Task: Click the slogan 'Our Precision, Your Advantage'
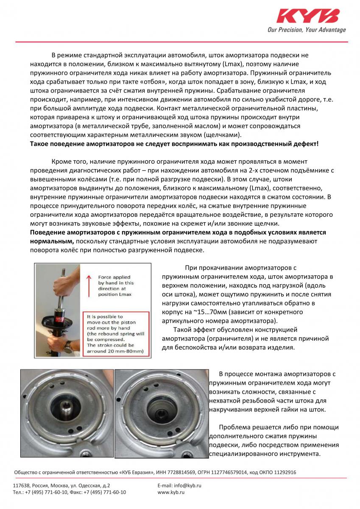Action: [x=307, y=30]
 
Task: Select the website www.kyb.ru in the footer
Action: [x=171, y=492]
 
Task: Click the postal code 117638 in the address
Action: [x=21, y=485]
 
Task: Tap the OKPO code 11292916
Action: [x=282, y=472]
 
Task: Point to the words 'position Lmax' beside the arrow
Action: [x=116, y=295]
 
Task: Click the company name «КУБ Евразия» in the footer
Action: [x=135, y=472]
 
